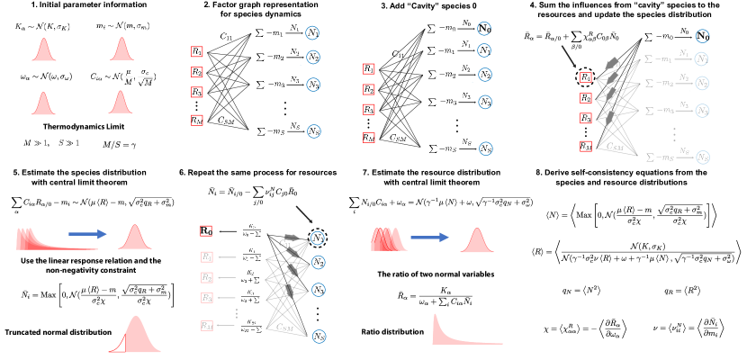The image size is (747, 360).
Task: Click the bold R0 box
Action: (206, 231)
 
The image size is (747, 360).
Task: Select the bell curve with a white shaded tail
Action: (134, 335)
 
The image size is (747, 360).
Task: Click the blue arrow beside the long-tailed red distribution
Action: (87, 234)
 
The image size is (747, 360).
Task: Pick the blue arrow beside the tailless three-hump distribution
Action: (429, 238)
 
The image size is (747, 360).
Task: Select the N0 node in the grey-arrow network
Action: (702, 36)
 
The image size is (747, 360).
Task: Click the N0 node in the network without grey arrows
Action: (484, 29)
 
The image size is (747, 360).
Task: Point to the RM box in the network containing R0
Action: (207, 326)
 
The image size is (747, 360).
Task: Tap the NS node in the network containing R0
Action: (319, 337)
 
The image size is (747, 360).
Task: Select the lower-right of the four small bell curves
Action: (121, 103)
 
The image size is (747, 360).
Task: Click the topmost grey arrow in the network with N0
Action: (612, 63)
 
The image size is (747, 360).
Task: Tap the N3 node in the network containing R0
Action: (319, 290)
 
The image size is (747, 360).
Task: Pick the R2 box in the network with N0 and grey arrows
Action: (586, 98)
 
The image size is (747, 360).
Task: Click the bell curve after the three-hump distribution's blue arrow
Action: (477, 241)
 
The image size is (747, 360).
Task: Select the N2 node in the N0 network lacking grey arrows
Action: (485, 75)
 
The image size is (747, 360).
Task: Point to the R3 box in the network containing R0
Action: (207, 298)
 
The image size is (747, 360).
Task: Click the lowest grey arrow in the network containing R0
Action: (289, 291)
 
